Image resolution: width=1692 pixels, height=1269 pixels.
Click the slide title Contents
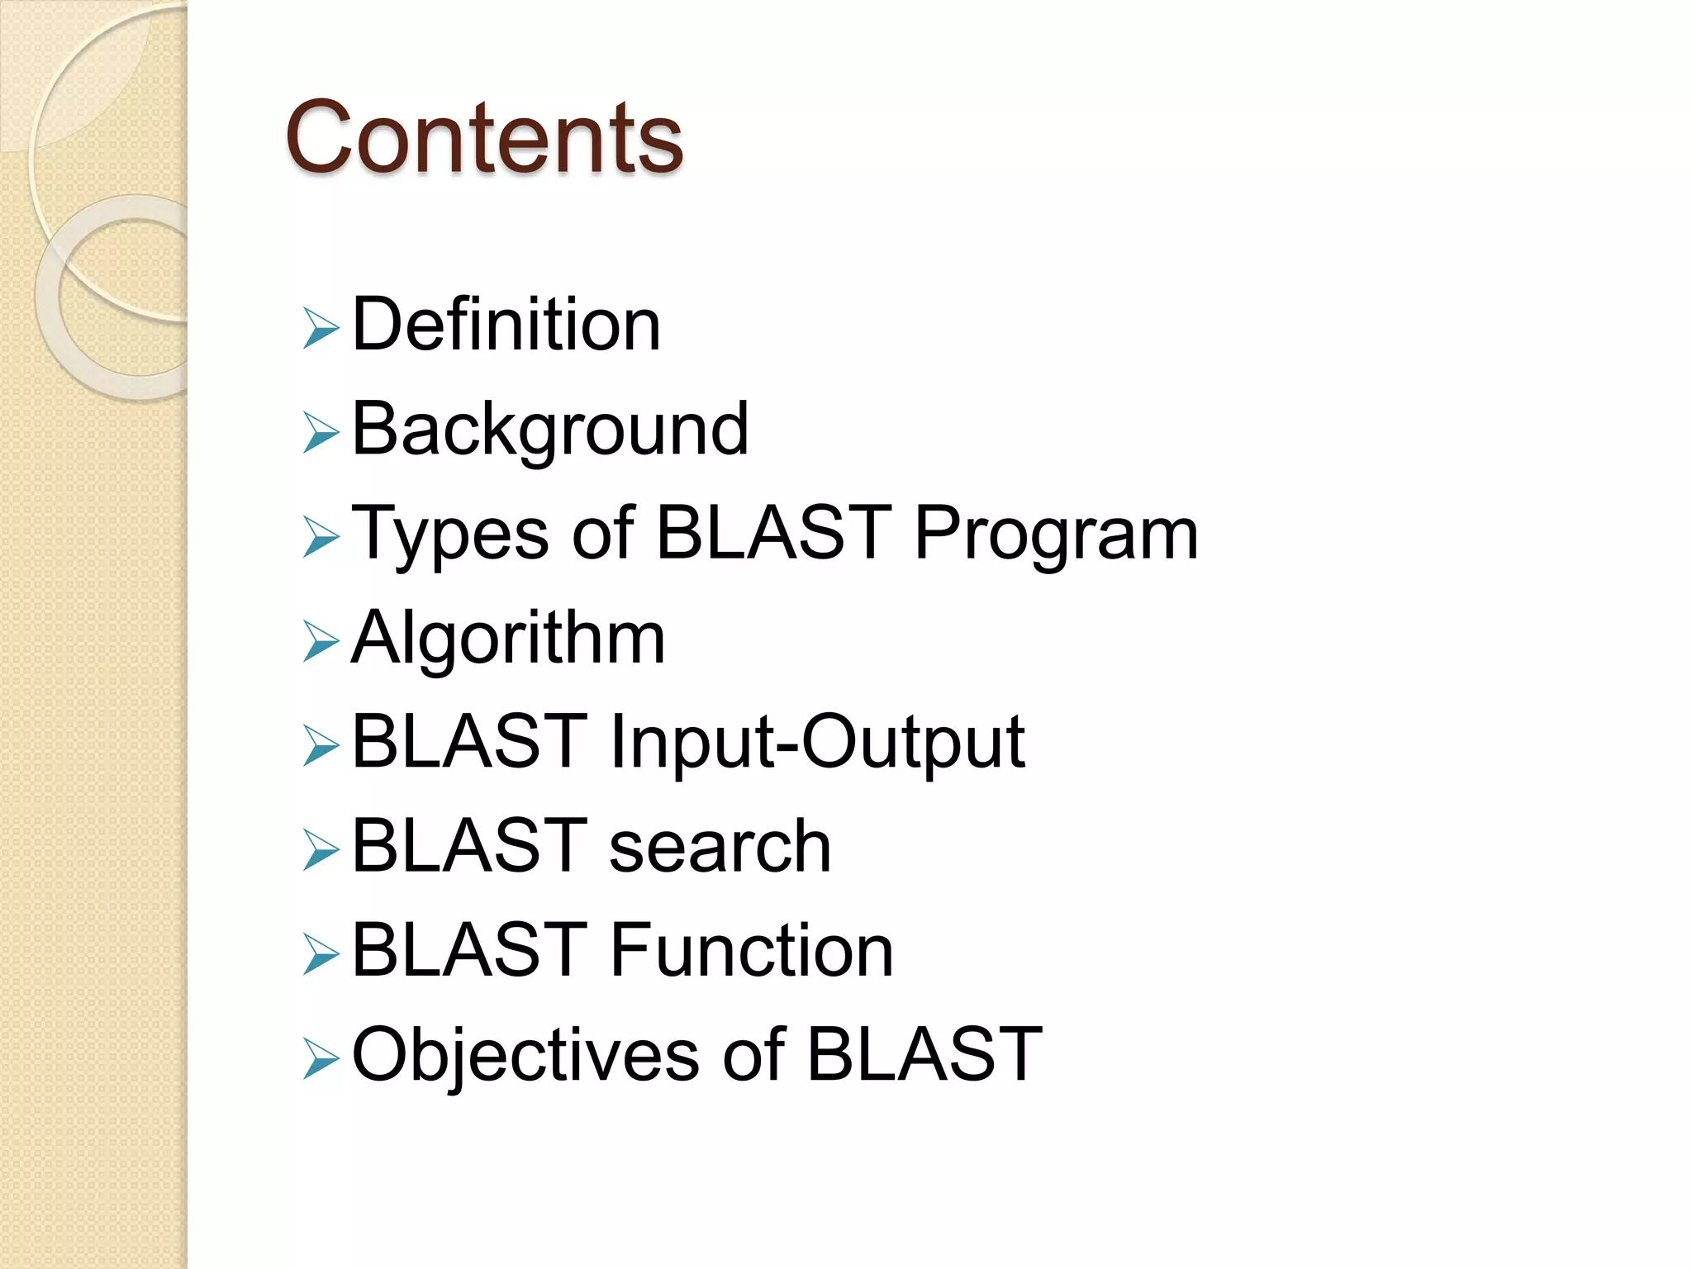[484, 137]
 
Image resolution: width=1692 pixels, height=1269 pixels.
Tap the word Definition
[506, 325]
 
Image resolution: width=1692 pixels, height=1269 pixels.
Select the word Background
[549, 430]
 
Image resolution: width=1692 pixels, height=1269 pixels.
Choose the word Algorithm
[508, 639]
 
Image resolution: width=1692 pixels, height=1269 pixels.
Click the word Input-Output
[817, 742]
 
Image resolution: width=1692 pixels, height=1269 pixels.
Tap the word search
[720, 846]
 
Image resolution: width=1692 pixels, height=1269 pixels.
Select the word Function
[751, 951]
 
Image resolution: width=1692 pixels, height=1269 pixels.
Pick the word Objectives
[525, 1055]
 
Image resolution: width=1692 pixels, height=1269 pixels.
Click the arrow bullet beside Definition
[321, 328]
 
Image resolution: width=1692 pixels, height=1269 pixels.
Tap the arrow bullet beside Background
[321, 433]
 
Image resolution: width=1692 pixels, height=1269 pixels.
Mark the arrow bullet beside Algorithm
[321, 642]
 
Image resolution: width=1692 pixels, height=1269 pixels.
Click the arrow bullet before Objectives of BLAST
[321, 1059]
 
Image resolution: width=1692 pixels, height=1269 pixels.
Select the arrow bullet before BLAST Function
[321, 954]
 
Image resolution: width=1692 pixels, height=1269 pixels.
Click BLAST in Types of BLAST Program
[773, 533]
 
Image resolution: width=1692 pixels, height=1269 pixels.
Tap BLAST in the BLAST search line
[469, 845]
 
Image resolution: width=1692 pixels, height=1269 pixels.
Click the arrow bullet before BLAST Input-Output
[321, 745]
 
